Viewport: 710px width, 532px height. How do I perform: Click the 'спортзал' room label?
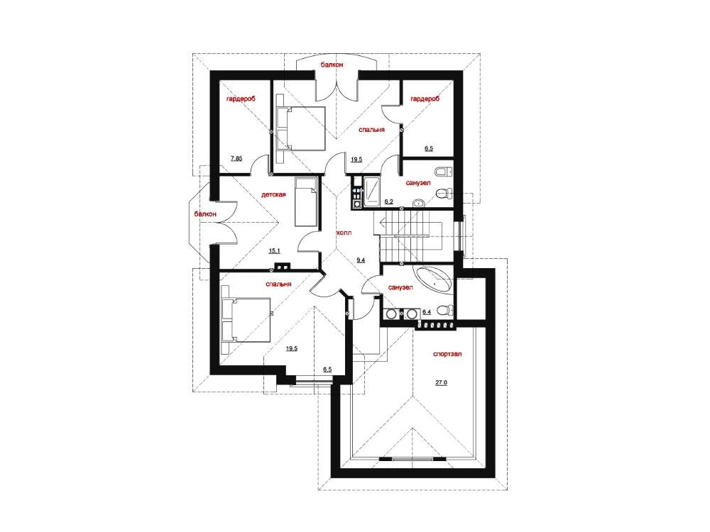click(447, 354)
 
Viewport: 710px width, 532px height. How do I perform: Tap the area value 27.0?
click(442, 383)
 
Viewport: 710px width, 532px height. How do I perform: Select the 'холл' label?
click(344, 233)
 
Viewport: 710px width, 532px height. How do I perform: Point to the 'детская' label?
click(273, 195)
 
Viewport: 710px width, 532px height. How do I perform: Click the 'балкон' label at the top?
click(332, 65)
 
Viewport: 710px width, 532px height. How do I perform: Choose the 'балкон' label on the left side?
click(205, 214)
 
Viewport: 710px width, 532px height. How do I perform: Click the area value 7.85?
click(236, 158)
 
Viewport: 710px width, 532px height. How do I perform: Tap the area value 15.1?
click(274, 250)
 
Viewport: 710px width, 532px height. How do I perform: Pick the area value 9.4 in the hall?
click(361, 260)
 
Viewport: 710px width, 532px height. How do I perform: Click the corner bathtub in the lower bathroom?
click(435, 281)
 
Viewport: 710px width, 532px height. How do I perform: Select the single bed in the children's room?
click(306, 201)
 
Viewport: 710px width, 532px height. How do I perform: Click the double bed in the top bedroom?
click(300, 128)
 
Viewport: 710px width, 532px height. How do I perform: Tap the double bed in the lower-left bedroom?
click(246, 320)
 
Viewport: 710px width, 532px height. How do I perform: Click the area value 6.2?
click(388, 201)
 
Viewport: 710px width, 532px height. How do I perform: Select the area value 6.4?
click(427, 312)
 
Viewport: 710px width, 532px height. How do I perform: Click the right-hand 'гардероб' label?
click(425, 99)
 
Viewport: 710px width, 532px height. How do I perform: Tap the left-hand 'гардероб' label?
click(241, 99)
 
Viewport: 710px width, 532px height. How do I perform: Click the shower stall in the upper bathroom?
click(372, 192)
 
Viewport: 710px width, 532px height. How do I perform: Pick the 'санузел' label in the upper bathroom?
click(418, 183)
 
